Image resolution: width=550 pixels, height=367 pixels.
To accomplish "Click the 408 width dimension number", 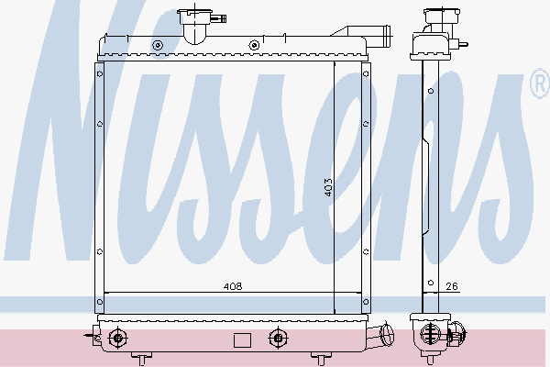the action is tap(233, 286).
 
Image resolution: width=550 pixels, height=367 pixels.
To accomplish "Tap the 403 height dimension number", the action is tap(328, 187).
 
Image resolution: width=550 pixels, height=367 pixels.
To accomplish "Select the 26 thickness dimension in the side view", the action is tap(452, 286).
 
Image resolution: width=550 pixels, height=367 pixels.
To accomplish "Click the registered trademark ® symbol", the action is tap(541, 83).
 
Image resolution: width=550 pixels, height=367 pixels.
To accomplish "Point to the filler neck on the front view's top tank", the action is tap(195, 26).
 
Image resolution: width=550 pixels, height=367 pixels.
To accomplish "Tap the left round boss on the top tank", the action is tap(158, 45).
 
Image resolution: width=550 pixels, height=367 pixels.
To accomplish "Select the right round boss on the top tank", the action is tap(254, 45).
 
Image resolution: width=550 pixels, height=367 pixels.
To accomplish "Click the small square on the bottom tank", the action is tap(242, 340).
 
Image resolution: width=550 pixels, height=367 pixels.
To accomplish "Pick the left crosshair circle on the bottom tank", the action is tap(118, 339).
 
